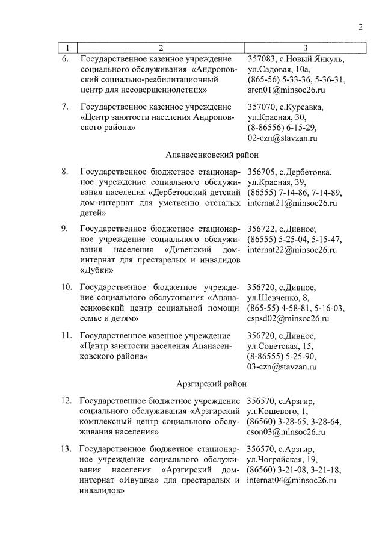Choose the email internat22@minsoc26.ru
click(292, 250)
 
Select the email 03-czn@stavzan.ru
click(283, 366)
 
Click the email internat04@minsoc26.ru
click(292, 481)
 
